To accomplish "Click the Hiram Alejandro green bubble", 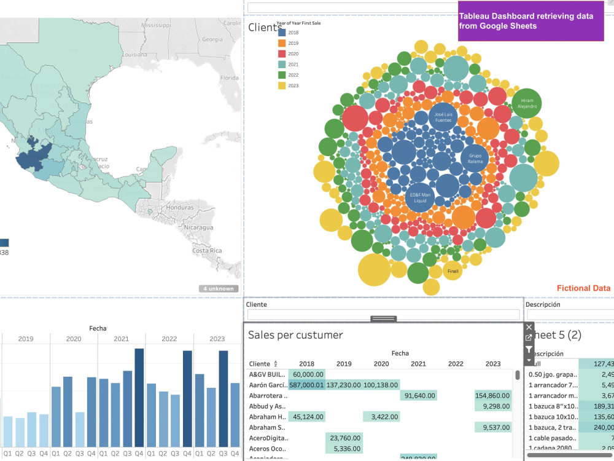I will point(527,103).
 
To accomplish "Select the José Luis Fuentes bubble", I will point(443,117).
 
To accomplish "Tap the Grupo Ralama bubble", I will point(475,158).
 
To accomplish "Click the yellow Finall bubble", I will point(453,270).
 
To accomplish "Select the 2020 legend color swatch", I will point(282,53).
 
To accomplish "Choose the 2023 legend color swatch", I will point(282,85).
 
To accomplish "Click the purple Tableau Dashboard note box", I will point(530,22).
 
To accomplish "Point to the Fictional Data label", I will point(583,288).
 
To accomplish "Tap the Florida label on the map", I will point(229,78).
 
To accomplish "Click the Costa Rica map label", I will point(207,251).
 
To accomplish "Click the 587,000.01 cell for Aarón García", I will point(306,385).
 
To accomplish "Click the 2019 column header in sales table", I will point(344,364).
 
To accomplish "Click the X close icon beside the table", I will point(529,327).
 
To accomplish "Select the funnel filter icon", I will point(529,349).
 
